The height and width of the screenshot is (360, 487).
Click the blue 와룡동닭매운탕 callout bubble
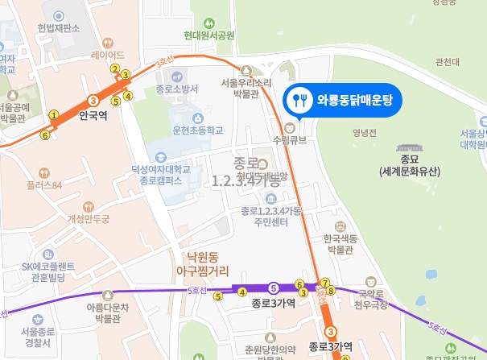[x=343, y=101]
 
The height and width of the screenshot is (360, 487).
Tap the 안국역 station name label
[x=93, y=114]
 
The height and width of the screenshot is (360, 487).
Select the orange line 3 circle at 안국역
[x=93, y=101]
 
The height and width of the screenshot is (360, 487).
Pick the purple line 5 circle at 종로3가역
[x=274, y=288]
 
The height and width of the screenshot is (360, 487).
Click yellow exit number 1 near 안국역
[x=54, y=115]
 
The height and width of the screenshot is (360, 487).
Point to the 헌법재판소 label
[x=58, y=28]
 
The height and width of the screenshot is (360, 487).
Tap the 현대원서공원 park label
[x=208, y=35]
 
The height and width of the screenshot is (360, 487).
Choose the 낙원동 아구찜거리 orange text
[x=204, y=265]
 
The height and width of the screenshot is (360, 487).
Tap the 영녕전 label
[x=364, y=133]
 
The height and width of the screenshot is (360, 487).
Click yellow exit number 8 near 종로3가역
[x=329, y=291]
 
